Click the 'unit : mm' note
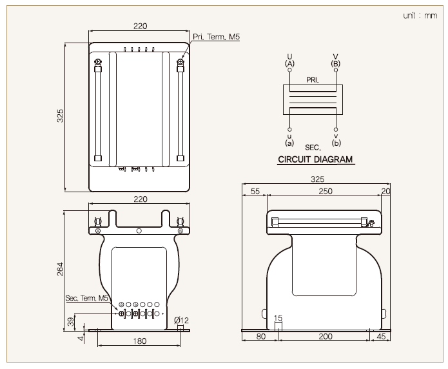(x=420, y=15)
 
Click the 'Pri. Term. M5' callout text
(x=217, y=37)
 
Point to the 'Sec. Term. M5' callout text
(x=87, y=298)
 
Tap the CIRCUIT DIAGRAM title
(x=315, y=159)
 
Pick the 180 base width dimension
(x=139, y=341)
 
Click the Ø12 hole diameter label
(x=182, y=320)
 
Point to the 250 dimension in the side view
(x=325, y=191)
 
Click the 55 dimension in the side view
(x=255, y=191)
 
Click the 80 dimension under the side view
(x=261, y=336)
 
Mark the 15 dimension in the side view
(x=278, y=318)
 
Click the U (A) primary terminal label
(x=289, y=60)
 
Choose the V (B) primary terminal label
(x=335, y=60)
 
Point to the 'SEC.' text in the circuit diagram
(x=313, y=148)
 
